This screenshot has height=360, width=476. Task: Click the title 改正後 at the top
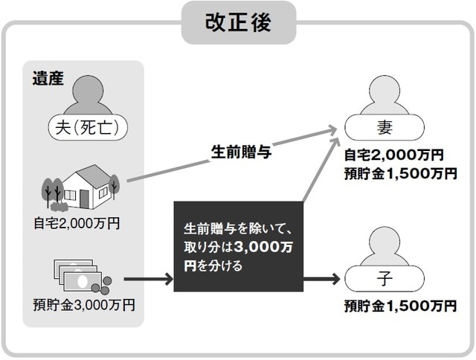click(238, 22)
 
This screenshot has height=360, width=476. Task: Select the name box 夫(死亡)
click(88, 126)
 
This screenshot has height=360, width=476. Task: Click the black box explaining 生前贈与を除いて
click(239, 246)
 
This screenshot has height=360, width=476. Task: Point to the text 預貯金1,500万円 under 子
click(400, 306)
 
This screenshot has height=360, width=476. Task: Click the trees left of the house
click(50, 192)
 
